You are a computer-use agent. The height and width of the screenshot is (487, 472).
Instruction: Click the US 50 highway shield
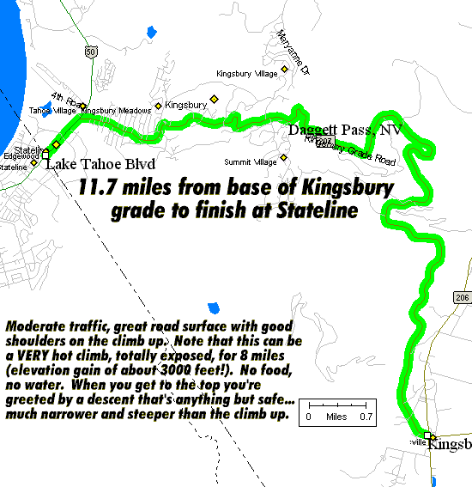pos(91,52)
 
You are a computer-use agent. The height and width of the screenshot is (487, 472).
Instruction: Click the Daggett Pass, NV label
pos(344,130)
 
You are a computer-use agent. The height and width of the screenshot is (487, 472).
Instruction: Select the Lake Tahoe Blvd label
pos(88,163)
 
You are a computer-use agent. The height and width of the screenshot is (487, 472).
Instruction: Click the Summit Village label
pos(250,161)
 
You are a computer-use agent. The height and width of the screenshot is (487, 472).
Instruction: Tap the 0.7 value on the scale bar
pos(365,417)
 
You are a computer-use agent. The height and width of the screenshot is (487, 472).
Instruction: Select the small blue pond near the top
pos(151,32)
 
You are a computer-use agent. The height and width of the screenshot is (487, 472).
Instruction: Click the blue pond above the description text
pos(213,307)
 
